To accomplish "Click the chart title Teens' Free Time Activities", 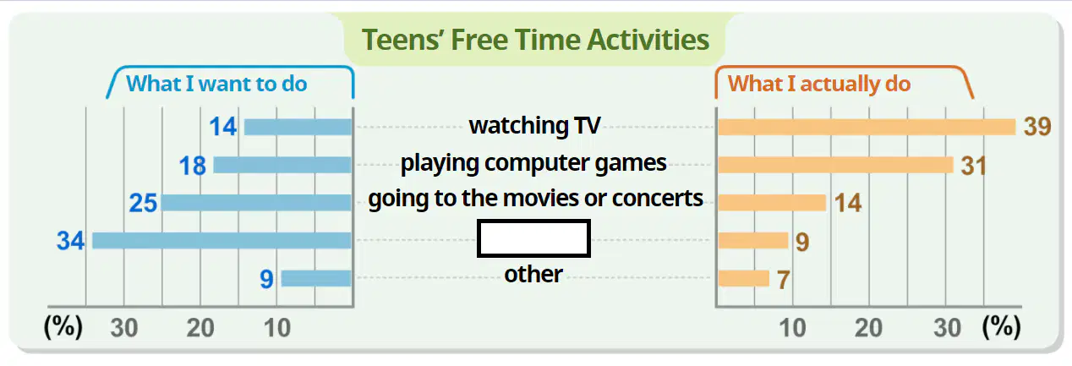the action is tap(535, 40).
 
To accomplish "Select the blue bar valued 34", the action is tap(222, 240).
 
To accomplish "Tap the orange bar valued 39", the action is tap(867, 127).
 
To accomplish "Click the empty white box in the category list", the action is tap(533, 238).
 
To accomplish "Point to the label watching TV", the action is tap(534, 126).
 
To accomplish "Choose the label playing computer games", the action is tap(533, 163).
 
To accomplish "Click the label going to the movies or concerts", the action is tap(535, 199).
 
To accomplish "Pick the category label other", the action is tap(533, 274).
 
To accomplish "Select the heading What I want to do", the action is tap(216, 84).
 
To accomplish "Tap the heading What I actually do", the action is tap(819, 85).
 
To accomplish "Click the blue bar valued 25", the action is tap(256, 202).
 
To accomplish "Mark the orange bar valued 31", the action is tap(835, 165).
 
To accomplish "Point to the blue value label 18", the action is tap(193, 166).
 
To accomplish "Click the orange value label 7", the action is tap(784, 280).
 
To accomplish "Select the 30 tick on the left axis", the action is tap(124, 328).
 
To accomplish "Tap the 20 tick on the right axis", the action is tap(868, 328).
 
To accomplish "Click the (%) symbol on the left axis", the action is tap(63, 327).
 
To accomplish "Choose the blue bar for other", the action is tap(317, 278).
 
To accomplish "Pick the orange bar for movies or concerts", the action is tap(772, 202).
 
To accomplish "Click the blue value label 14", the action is tap(223, 127).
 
